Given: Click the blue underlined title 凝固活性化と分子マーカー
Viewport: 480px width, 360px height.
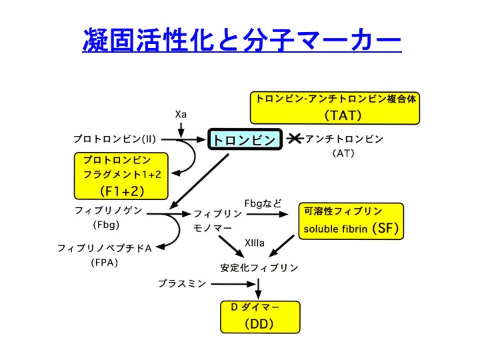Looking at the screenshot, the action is coord(242,40).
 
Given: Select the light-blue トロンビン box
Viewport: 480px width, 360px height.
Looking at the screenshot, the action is coord(245,139).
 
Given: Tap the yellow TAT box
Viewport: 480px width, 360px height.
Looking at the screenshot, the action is coord(335,108).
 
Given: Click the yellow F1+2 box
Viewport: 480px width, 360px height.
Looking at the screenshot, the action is coord(121,176).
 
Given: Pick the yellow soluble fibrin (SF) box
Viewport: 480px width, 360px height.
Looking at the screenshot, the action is coord(351,221).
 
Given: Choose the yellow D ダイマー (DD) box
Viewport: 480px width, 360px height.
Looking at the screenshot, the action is coord(260,317).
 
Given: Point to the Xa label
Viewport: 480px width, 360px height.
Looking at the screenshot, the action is coord(181,115).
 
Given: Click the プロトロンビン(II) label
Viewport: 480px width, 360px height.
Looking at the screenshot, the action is coord(115,139).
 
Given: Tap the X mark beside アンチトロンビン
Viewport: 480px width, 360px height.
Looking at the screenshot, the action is coord(295,139).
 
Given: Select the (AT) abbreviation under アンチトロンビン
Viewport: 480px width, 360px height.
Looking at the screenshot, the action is coord(343,153).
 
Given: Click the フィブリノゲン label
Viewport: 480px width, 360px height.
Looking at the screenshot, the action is coord(109,210).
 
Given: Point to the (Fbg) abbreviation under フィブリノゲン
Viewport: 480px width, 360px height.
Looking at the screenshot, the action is coord(106,225).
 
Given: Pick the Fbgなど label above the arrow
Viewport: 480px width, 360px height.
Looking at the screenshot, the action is coord(263,203).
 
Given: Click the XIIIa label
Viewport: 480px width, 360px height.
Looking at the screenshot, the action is coord(255,243).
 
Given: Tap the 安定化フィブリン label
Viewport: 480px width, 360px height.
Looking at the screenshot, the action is coord(259,268).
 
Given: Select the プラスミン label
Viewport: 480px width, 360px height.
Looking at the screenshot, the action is coord(182,283).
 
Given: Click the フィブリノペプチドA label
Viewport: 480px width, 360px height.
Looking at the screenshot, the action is coord(105,248).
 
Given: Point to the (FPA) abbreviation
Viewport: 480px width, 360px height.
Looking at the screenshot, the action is coord(105,263).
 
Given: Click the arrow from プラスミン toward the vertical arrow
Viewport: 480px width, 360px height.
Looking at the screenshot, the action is coord(233,284).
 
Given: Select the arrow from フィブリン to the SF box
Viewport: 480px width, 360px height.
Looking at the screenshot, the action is coord(267,214).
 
